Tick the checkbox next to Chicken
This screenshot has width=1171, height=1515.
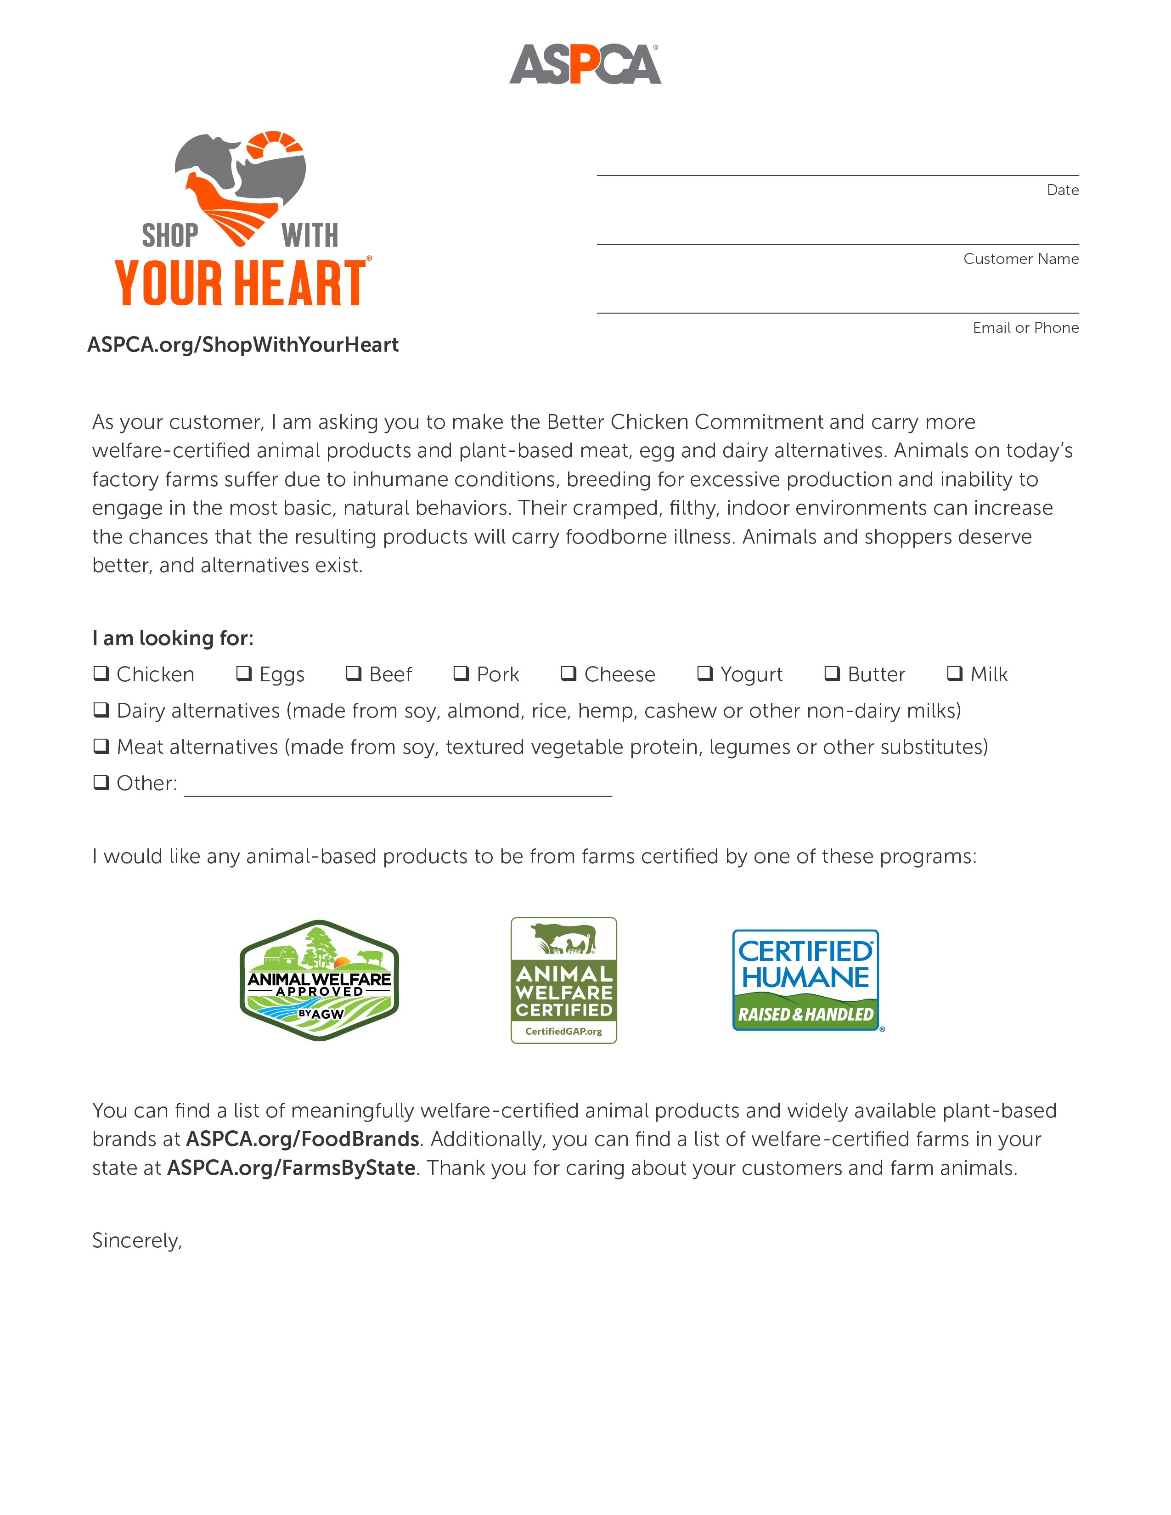(101, 673)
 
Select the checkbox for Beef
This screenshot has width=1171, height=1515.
(354, 673)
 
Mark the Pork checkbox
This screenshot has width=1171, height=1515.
(462, 673)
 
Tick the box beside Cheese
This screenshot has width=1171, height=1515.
(569, 673)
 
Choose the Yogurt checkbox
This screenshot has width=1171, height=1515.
(705, 673)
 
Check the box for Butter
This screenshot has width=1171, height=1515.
(832, 673)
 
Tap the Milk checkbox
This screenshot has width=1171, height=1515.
(955, 673)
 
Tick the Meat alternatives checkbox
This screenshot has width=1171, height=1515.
(101, 746)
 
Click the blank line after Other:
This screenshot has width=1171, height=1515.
(398, 787)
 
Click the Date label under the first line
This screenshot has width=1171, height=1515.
(1062, 190)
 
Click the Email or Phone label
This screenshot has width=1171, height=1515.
(1025, 327)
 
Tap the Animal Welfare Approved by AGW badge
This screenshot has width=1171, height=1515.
(319, 980)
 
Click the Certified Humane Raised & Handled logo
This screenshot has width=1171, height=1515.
(806, 980)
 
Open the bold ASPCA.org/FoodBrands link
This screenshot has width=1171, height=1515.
(303, 1139)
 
